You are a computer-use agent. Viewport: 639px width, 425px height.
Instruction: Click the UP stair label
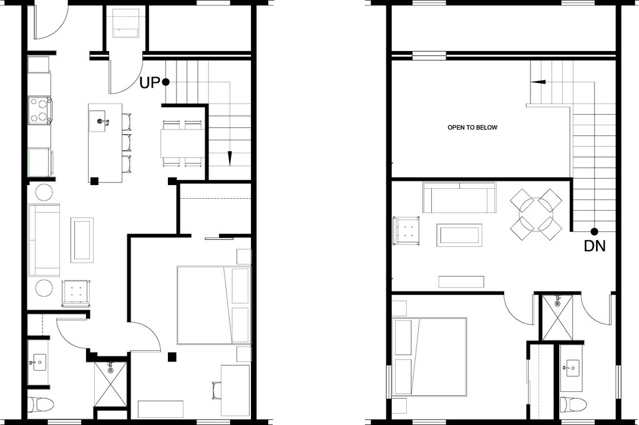[x=150, y=82]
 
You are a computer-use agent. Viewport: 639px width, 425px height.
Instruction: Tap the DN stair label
[x=594, y=246]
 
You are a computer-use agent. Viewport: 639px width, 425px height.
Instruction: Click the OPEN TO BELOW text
[x=472, y=127]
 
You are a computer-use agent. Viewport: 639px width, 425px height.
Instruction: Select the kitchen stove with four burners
[x=39, y=110]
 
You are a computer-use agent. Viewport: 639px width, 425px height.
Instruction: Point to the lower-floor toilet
[x=41, y=404]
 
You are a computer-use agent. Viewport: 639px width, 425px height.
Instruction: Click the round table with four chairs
[x=536, y=214]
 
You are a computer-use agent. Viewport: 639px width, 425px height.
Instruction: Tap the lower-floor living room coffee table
[x=82, y=240]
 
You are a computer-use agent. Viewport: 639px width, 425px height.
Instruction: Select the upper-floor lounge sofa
[x=459, y=198]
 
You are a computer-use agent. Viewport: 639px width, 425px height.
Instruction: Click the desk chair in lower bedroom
[x=216, y=390]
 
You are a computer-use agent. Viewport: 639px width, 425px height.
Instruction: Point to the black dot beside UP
[x=165, y=82]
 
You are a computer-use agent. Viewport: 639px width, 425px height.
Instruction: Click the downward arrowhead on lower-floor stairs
[x=229, y=158]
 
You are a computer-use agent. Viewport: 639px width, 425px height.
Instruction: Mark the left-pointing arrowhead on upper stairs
[x=537, y=82]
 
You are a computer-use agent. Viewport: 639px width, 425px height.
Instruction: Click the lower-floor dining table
[x=181, y=143]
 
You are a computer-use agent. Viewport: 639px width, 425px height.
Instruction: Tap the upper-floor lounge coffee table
[x=459, y=235]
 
